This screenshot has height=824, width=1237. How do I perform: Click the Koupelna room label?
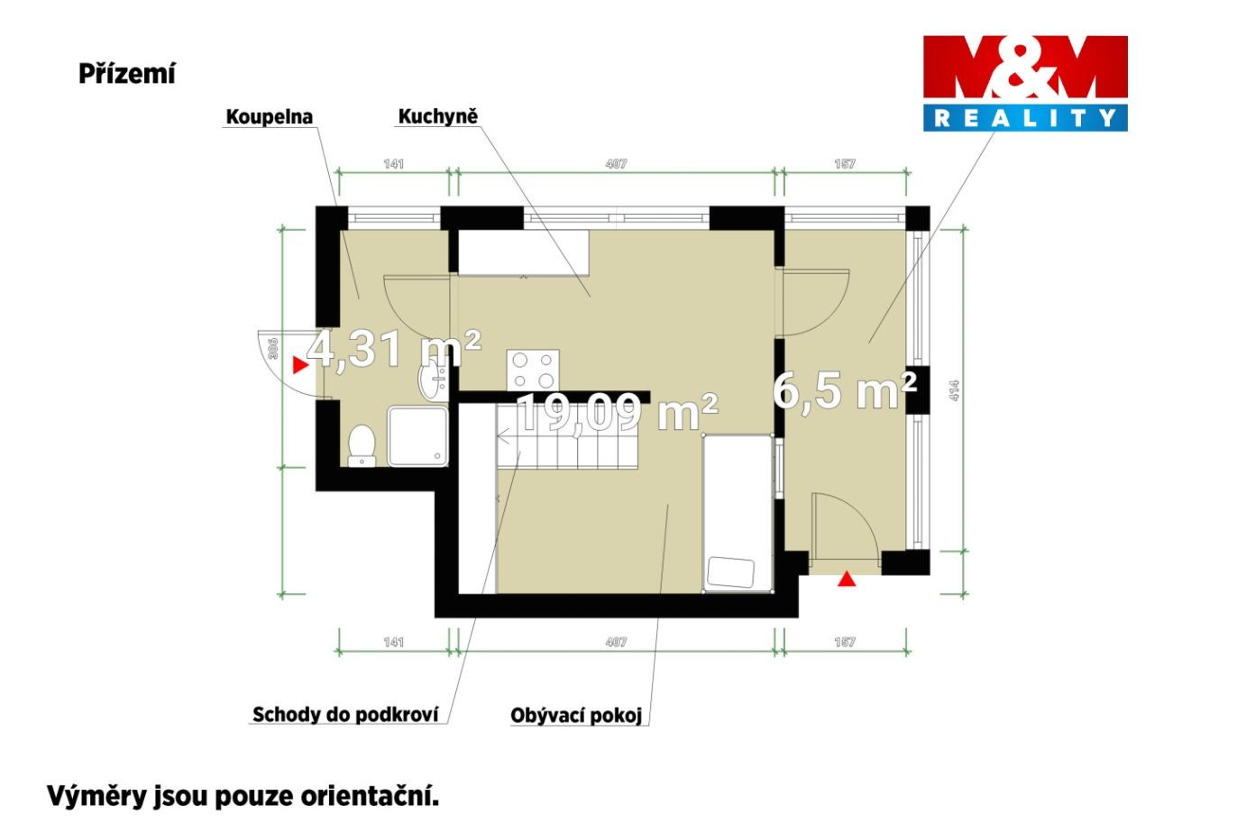tap(270, 116)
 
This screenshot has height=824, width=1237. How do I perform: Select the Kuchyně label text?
tap(438, 116)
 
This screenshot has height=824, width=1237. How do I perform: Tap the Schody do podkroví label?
tap(345, 714)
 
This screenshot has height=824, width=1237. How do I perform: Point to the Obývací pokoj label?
tap(576, 715)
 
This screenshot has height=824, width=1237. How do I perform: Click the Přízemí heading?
tap(127, 73)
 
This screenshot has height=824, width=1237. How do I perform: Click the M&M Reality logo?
tap(1025, 84)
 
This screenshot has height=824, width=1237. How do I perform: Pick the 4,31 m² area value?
tap(394, 349)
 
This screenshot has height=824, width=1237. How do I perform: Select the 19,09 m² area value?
tap(618, 412)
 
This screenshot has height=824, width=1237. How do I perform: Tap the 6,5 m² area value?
tap(845, 390)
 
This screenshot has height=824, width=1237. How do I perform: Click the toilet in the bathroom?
tap(362, 446)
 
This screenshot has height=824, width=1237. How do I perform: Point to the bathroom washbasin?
tap(433, 380)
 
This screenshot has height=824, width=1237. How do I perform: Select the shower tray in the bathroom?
tap(417, 437)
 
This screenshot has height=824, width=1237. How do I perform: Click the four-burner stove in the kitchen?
tap(533, 370)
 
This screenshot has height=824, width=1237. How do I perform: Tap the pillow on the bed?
tap(730, 572)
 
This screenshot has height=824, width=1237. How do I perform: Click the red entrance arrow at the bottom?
tap(847, 579)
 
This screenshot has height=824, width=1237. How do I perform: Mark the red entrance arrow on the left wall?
tap(300, 365)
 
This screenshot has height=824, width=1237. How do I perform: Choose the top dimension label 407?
tap(616, 164)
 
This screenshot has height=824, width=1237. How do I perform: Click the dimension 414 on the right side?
tap(955, 390)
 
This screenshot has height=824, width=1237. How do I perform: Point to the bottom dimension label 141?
tap(394, 642)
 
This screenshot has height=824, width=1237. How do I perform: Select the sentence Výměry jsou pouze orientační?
tap(243, 796)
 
